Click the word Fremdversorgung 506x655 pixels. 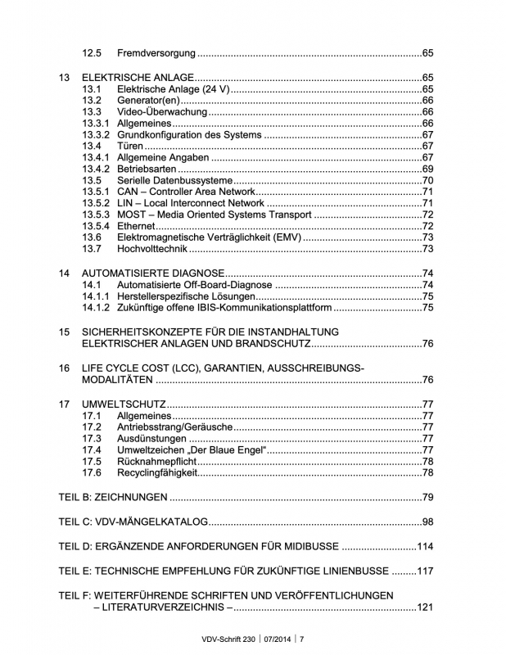[x=156, y=53]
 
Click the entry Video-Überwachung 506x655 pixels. [x=165, y=111]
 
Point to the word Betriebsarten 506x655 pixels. [x=147, y=169]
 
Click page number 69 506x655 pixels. [x=427, y=169]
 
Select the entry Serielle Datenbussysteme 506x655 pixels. [x=175, y=180]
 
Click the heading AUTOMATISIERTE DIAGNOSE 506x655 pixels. [x=152, y=273]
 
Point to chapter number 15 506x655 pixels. [x=65, y=331]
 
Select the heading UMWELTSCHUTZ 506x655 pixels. [x=124, y=404]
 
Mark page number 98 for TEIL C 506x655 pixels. [x=427, y=522]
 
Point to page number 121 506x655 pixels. [x=424, y=607]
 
